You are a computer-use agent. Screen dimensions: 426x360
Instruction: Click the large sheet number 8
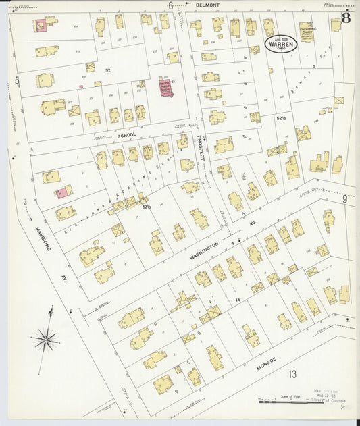coord(345,18)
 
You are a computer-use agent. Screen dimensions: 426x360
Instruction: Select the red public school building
coord(166,87)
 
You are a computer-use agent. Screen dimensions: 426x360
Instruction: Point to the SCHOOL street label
coord(126,135)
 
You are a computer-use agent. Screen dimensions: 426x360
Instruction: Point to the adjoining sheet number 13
coord(292,374)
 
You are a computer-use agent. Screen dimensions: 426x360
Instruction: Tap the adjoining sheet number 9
coord(344,198)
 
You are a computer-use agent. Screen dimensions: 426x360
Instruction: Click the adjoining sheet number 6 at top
coord(170,5)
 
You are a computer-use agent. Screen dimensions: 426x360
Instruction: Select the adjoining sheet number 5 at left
coord(16,80)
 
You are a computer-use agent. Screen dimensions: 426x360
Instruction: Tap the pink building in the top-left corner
coord(41,26)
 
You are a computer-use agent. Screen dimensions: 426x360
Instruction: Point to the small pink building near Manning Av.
coord(61,193)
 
